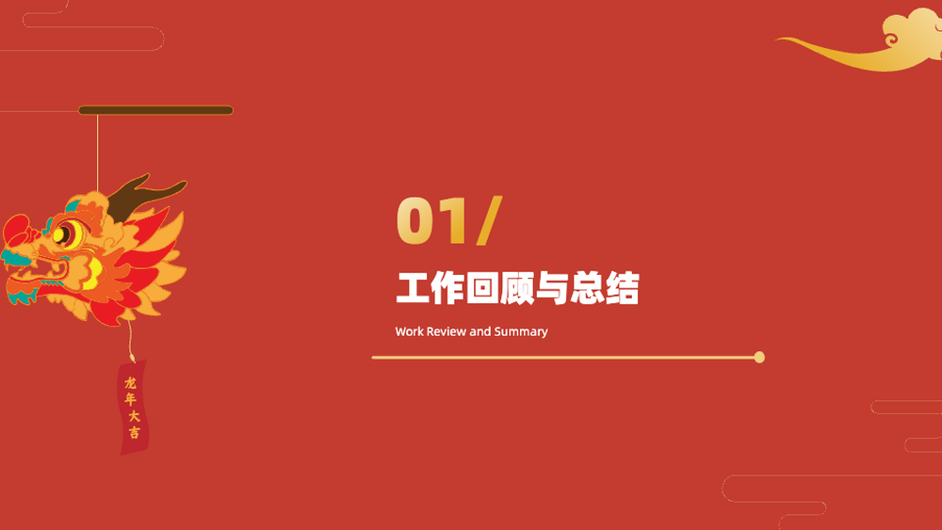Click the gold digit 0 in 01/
point(415,220)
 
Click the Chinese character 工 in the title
point(413,288)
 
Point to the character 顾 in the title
point(517,288)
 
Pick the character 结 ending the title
point(622,288)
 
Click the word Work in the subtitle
point(409,331)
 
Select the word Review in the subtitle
point(447,331)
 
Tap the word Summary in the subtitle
point(521,332)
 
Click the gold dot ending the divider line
point(759,357)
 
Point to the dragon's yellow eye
point(66,234)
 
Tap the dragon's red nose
point(16,231)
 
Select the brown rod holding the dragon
point(155,110)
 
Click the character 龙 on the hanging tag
point(130,383)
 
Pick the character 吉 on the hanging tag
point(134,432)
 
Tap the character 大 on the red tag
point(134,415)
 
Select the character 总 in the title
point(587,288)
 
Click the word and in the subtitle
point(480,331)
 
